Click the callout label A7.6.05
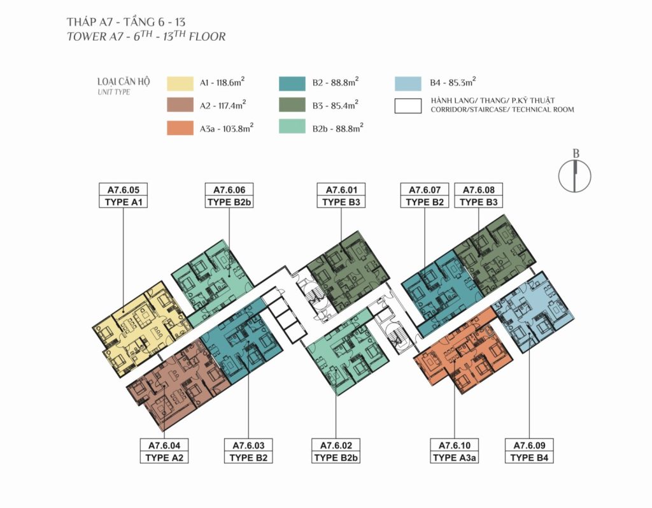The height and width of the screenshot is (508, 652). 123,190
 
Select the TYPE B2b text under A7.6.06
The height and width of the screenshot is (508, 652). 229,202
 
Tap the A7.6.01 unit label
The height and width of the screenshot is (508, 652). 341,190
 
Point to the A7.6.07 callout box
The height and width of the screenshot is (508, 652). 425,195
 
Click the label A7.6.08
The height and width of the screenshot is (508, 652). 479,190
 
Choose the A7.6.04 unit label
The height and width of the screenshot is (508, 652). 164,446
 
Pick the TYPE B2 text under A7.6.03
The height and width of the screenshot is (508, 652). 249,458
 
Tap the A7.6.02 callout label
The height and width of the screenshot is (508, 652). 336,446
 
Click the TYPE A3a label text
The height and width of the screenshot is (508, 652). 455,458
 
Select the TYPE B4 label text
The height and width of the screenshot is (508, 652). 529,458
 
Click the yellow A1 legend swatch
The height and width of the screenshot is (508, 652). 180,83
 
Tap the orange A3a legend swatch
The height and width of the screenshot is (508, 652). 180,128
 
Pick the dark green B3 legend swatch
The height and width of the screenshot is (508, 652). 292,105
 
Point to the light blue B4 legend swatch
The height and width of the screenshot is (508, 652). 408,83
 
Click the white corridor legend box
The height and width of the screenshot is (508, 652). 408,106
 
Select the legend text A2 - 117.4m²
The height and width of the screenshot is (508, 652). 223,105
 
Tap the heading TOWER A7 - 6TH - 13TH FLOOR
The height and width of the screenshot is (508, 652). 146,36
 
